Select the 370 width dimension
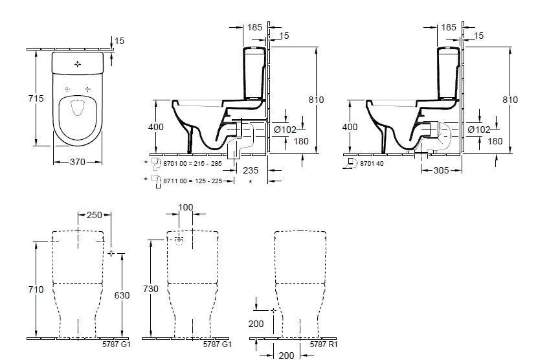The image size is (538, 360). coord(77,163)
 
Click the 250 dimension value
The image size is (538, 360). coord(94,215)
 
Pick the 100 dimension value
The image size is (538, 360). coord(186,207)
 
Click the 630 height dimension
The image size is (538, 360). coord(122,295)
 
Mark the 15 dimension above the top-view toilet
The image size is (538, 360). coord(119,41)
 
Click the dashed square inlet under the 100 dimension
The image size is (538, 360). coord(179,240)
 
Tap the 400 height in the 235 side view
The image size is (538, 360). coord(156,128)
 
